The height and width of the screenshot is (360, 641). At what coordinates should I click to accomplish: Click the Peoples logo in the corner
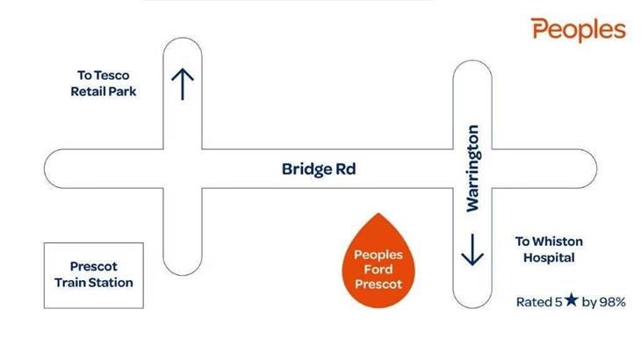click(x=578, y=30)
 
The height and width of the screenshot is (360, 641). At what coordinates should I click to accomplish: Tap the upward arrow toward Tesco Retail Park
click(x=183, y=84)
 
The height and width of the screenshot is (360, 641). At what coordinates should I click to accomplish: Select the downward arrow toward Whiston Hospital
click(x=472, y=249)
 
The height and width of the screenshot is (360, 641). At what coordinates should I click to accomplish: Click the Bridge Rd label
click(x=319, y=169)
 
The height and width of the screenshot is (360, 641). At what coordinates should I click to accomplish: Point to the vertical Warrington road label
click(x=472, y=169)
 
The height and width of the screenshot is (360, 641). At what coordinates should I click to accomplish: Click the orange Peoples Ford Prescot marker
click(x=378, y=260)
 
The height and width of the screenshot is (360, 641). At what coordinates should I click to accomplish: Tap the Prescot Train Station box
click(x=94, y=276)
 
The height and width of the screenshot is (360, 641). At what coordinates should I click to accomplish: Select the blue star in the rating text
click(x=571, y=300)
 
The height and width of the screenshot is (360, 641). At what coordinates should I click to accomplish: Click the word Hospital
click(x=549, y=258)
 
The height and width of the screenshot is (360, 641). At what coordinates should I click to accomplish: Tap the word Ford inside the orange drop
click(x=378, y=270)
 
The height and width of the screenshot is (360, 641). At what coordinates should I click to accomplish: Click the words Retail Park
click(x=104, y=91)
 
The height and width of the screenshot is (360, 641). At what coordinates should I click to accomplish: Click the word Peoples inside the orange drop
click(x=378, y=256)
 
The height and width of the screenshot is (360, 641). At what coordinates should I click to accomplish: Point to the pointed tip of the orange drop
click(x=378, y=213)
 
